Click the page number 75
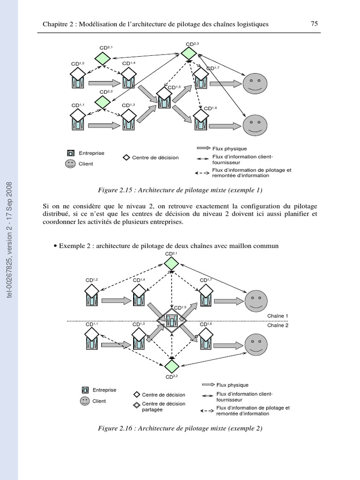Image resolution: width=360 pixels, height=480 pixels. coord(315,24)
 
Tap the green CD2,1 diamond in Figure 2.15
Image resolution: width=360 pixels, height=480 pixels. coord(103,58)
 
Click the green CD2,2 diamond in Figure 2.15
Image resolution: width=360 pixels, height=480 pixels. coord(103,102)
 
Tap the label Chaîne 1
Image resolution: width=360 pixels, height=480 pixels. coord(278,316)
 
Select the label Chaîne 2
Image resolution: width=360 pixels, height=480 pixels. coord(278,325)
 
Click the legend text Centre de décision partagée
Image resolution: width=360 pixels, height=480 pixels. coord(164,406)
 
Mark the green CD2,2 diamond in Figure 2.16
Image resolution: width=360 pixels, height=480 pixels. coord(172,365)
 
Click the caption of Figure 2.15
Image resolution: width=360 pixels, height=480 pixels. coord(180,190)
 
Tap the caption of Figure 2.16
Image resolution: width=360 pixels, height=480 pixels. coord(180,428)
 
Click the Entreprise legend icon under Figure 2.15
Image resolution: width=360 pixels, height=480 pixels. coord(71,153)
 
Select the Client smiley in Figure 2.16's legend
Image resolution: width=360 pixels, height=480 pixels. coord(85,401)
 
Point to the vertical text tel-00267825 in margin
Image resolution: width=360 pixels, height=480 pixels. coord(9,240)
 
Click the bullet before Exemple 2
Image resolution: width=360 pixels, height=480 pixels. coord(55,246)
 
